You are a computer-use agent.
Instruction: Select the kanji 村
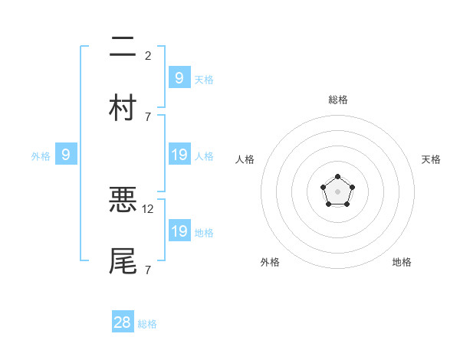123,107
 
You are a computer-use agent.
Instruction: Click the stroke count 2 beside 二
148,55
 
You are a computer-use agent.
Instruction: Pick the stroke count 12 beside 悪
149,208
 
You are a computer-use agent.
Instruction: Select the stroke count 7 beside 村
148,116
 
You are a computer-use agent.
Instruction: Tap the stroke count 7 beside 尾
148,270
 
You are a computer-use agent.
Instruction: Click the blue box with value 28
123,322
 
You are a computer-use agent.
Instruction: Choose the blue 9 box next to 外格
66,155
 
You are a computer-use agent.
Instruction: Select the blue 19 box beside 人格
179,155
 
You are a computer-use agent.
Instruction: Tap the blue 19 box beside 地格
179,231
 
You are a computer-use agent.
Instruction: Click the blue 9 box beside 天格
179,77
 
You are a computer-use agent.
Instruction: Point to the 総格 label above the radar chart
337,100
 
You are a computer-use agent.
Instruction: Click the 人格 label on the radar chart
245,159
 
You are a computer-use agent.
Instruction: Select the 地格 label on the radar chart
402,262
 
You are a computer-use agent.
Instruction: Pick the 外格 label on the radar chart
270,262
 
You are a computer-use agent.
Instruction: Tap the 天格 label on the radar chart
431,159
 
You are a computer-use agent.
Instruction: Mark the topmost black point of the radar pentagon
337,177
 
